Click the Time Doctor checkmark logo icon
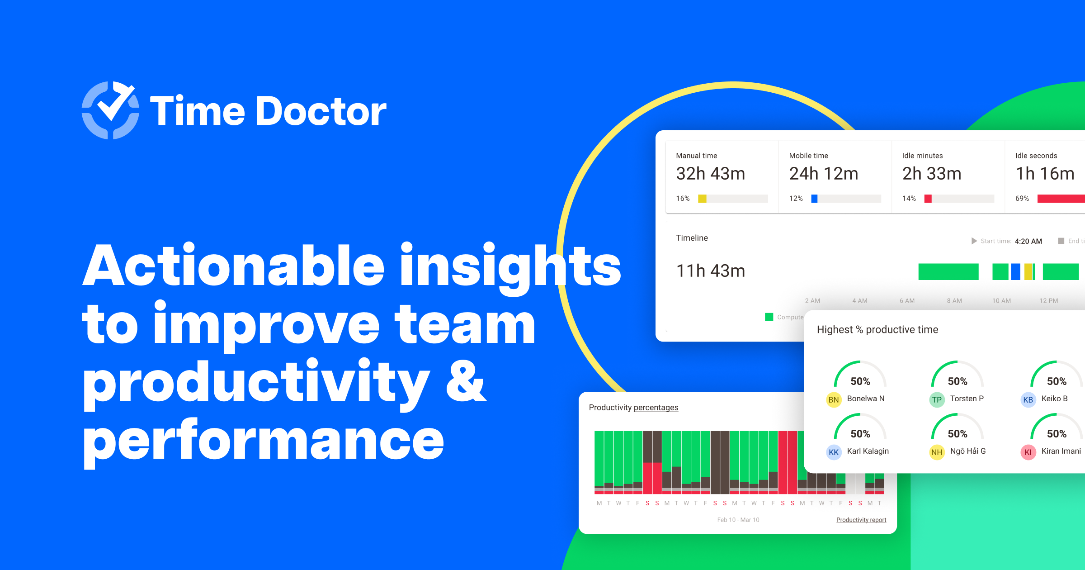(x=110, y=110)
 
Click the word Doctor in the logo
(x=321, y=111)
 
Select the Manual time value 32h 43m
(x=710, y=174)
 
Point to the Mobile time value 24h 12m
(x=823, y=174)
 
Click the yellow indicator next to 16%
(x=702, y=199)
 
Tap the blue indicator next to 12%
(x=814, y=199)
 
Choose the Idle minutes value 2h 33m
(x=932, y=174)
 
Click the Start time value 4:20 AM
(x=1028, y=241)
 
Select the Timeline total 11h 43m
(x=710, y=271)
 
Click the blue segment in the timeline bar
(x=1015, y=272)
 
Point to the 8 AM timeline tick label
(x=954, y=301)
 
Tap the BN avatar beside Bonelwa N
(x=834, y=400)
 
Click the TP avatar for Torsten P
(x=937, y=400)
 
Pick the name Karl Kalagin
(x=868, y=451)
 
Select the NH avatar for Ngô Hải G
(x=937, y=452)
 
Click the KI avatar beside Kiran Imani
(x=1028, y=452)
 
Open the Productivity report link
(x=861, y=520)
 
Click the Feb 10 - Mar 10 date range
(x=738, y=520)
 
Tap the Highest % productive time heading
(x=877, y=330)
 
